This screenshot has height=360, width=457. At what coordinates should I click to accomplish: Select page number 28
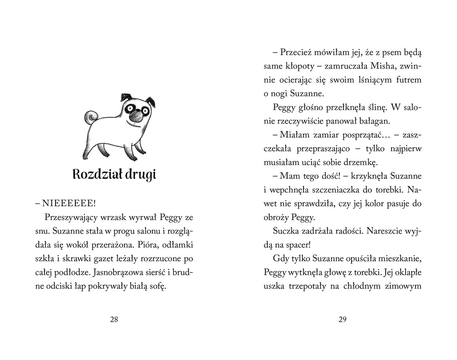coord(114,320)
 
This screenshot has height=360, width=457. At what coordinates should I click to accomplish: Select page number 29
coord(342,320)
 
